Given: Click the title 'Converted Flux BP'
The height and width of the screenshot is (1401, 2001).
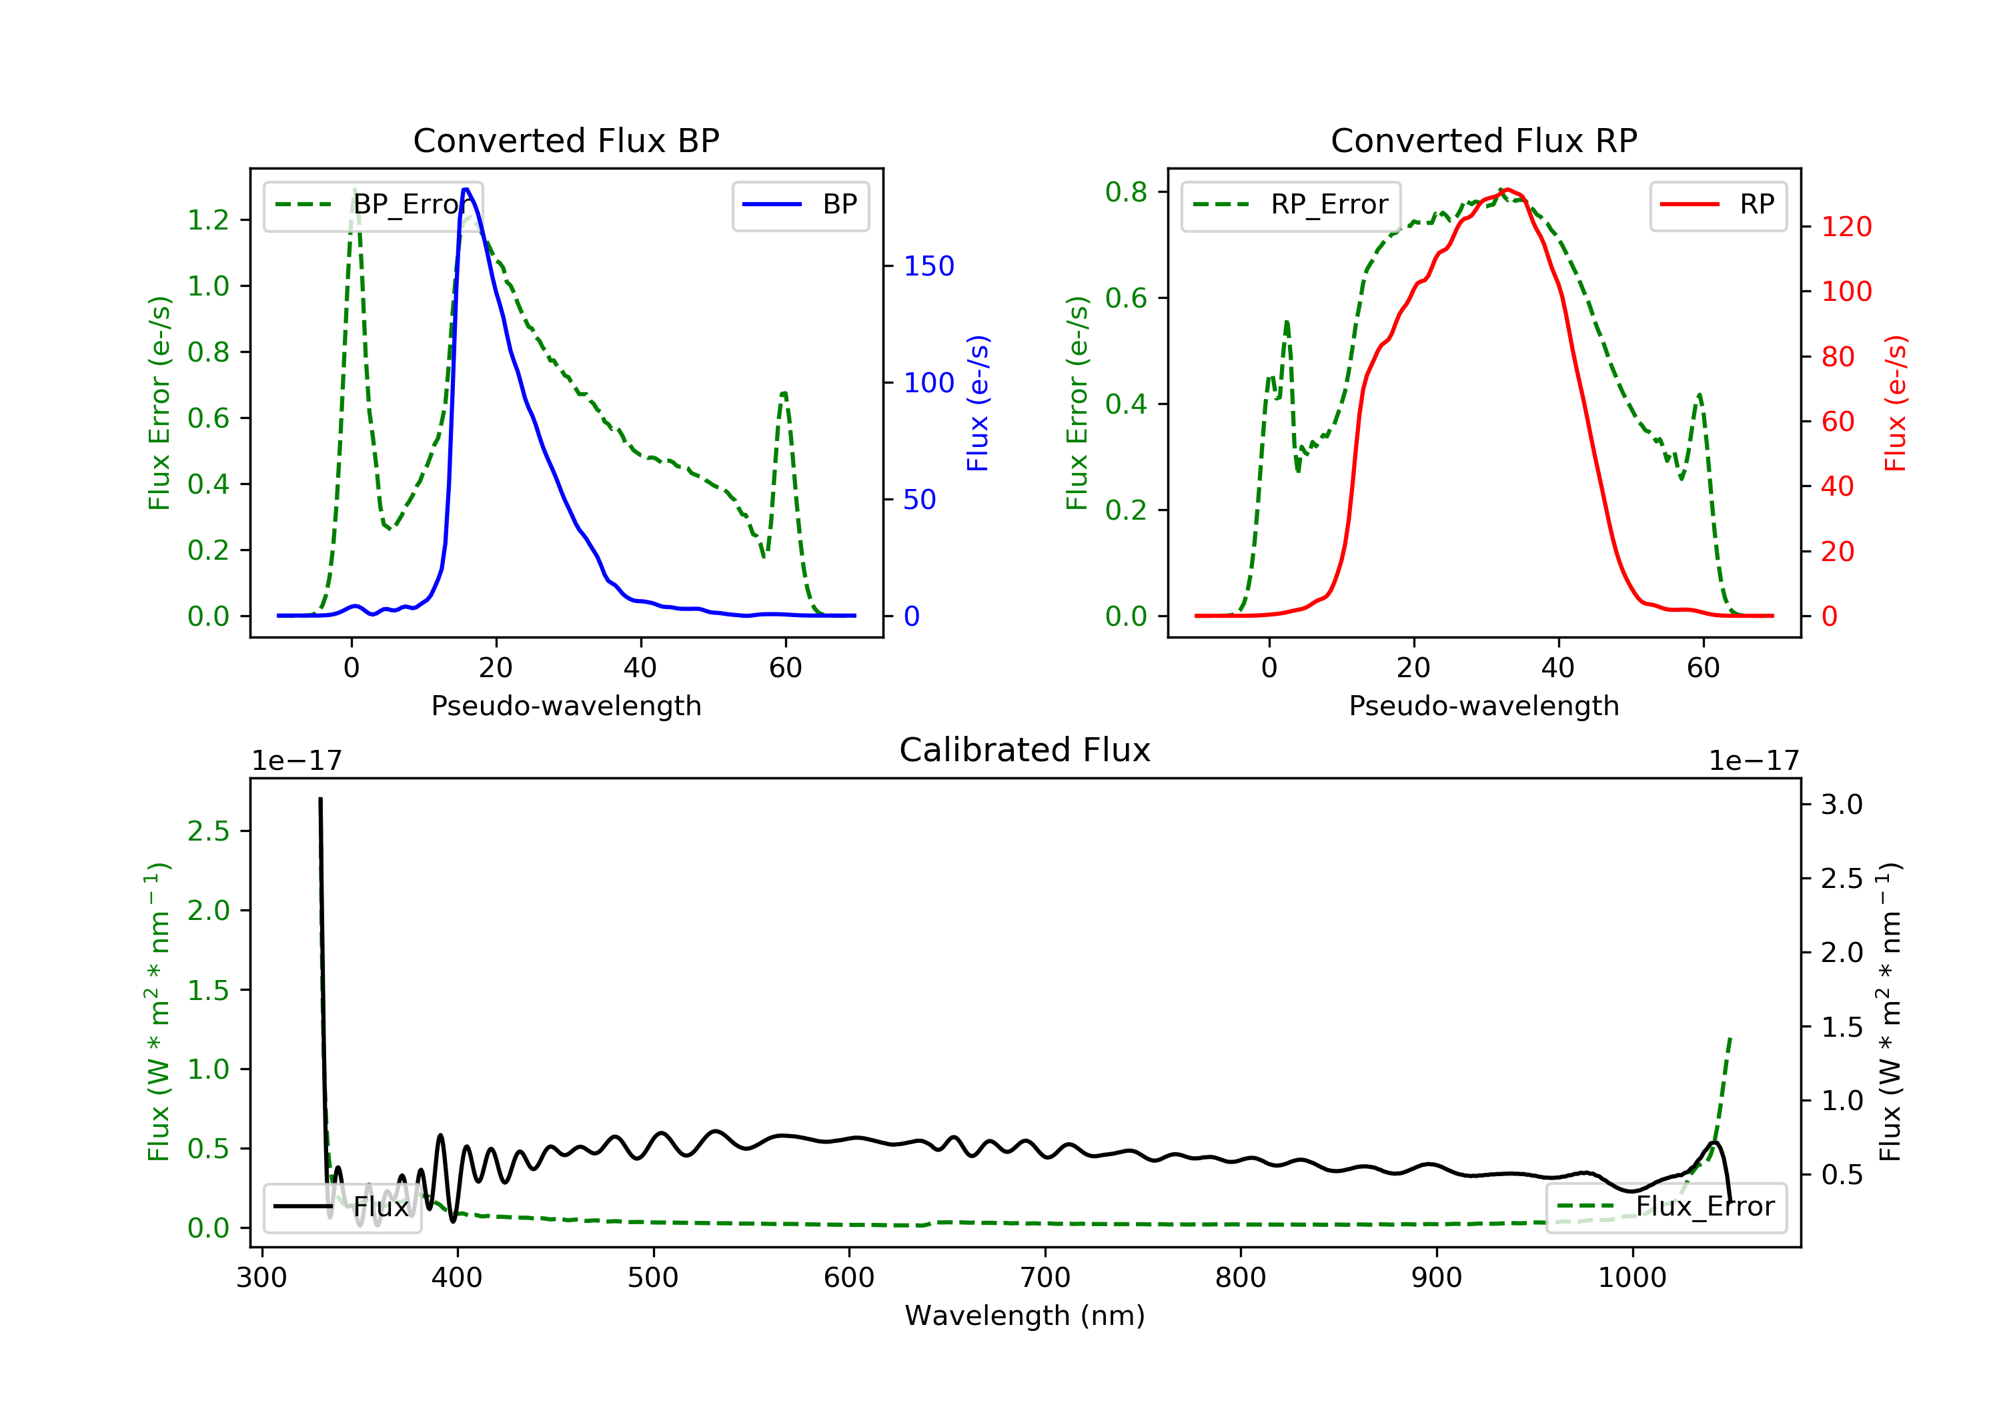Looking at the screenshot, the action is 566,140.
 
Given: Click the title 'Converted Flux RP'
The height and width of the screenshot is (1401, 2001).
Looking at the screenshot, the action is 1483,140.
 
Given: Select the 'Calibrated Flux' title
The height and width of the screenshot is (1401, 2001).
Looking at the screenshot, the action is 1025,750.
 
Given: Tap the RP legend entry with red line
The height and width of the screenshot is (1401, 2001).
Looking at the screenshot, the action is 1717,205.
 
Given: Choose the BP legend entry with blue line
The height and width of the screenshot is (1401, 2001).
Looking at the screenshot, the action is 800,205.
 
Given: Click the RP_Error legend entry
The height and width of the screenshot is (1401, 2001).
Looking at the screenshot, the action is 1290,205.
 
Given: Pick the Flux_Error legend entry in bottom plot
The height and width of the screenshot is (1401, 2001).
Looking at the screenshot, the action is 1665,1208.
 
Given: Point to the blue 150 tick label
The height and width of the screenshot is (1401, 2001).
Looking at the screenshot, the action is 928,266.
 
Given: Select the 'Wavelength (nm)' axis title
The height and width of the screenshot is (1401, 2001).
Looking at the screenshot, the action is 1025,1316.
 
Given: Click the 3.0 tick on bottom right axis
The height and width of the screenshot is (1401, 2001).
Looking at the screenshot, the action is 1842,804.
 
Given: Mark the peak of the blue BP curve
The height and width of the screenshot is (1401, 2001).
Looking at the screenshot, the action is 466,189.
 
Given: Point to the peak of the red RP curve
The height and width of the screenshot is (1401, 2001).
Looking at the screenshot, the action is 1507,190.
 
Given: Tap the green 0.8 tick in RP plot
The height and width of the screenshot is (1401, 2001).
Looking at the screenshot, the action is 1126,191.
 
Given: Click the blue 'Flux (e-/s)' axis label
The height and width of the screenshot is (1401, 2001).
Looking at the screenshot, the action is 978,403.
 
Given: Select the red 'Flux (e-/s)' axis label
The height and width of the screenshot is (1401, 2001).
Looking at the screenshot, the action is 1896,403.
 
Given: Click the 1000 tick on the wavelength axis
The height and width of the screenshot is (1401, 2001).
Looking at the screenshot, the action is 1631,1278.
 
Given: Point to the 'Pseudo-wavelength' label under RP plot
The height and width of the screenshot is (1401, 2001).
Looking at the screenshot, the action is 1483,705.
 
